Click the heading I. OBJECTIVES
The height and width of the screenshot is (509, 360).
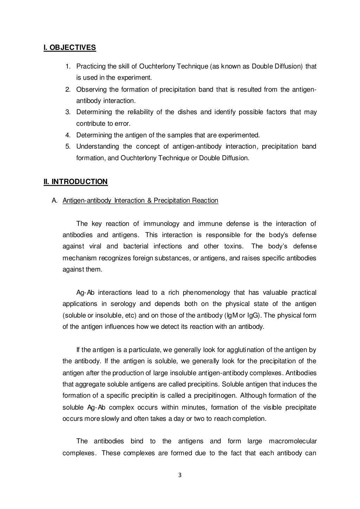70,47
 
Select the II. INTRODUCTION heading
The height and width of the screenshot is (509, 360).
75,182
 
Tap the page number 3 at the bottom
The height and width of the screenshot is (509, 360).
180,476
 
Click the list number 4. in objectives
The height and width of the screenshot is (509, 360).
68,135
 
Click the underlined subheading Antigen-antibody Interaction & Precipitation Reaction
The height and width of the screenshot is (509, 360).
140,201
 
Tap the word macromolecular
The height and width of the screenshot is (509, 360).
292,442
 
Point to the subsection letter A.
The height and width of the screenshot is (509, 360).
54,201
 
